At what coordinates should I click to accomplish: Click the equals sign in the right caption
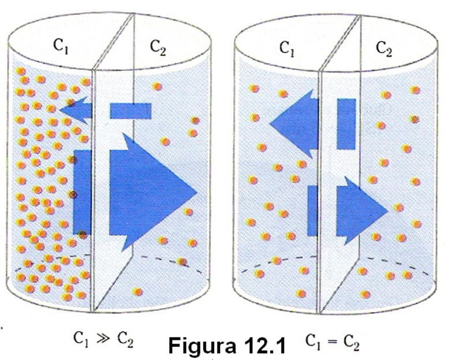pyautogui.click(x=332, y=344)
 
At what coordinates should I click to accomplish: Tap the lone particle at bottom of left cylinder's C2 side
pyautogui.click(x=137, y=292)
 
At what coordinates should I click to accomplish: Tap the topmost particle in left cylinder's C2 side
pyautogui.click(x=157, y=87)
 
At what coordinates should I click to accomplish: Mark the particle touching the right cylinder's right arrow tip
pyautogui.click(x=397, y=208)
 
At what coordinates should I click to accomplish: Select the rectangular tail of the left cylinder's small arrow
pyautogui.click(x=130, y=111)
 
